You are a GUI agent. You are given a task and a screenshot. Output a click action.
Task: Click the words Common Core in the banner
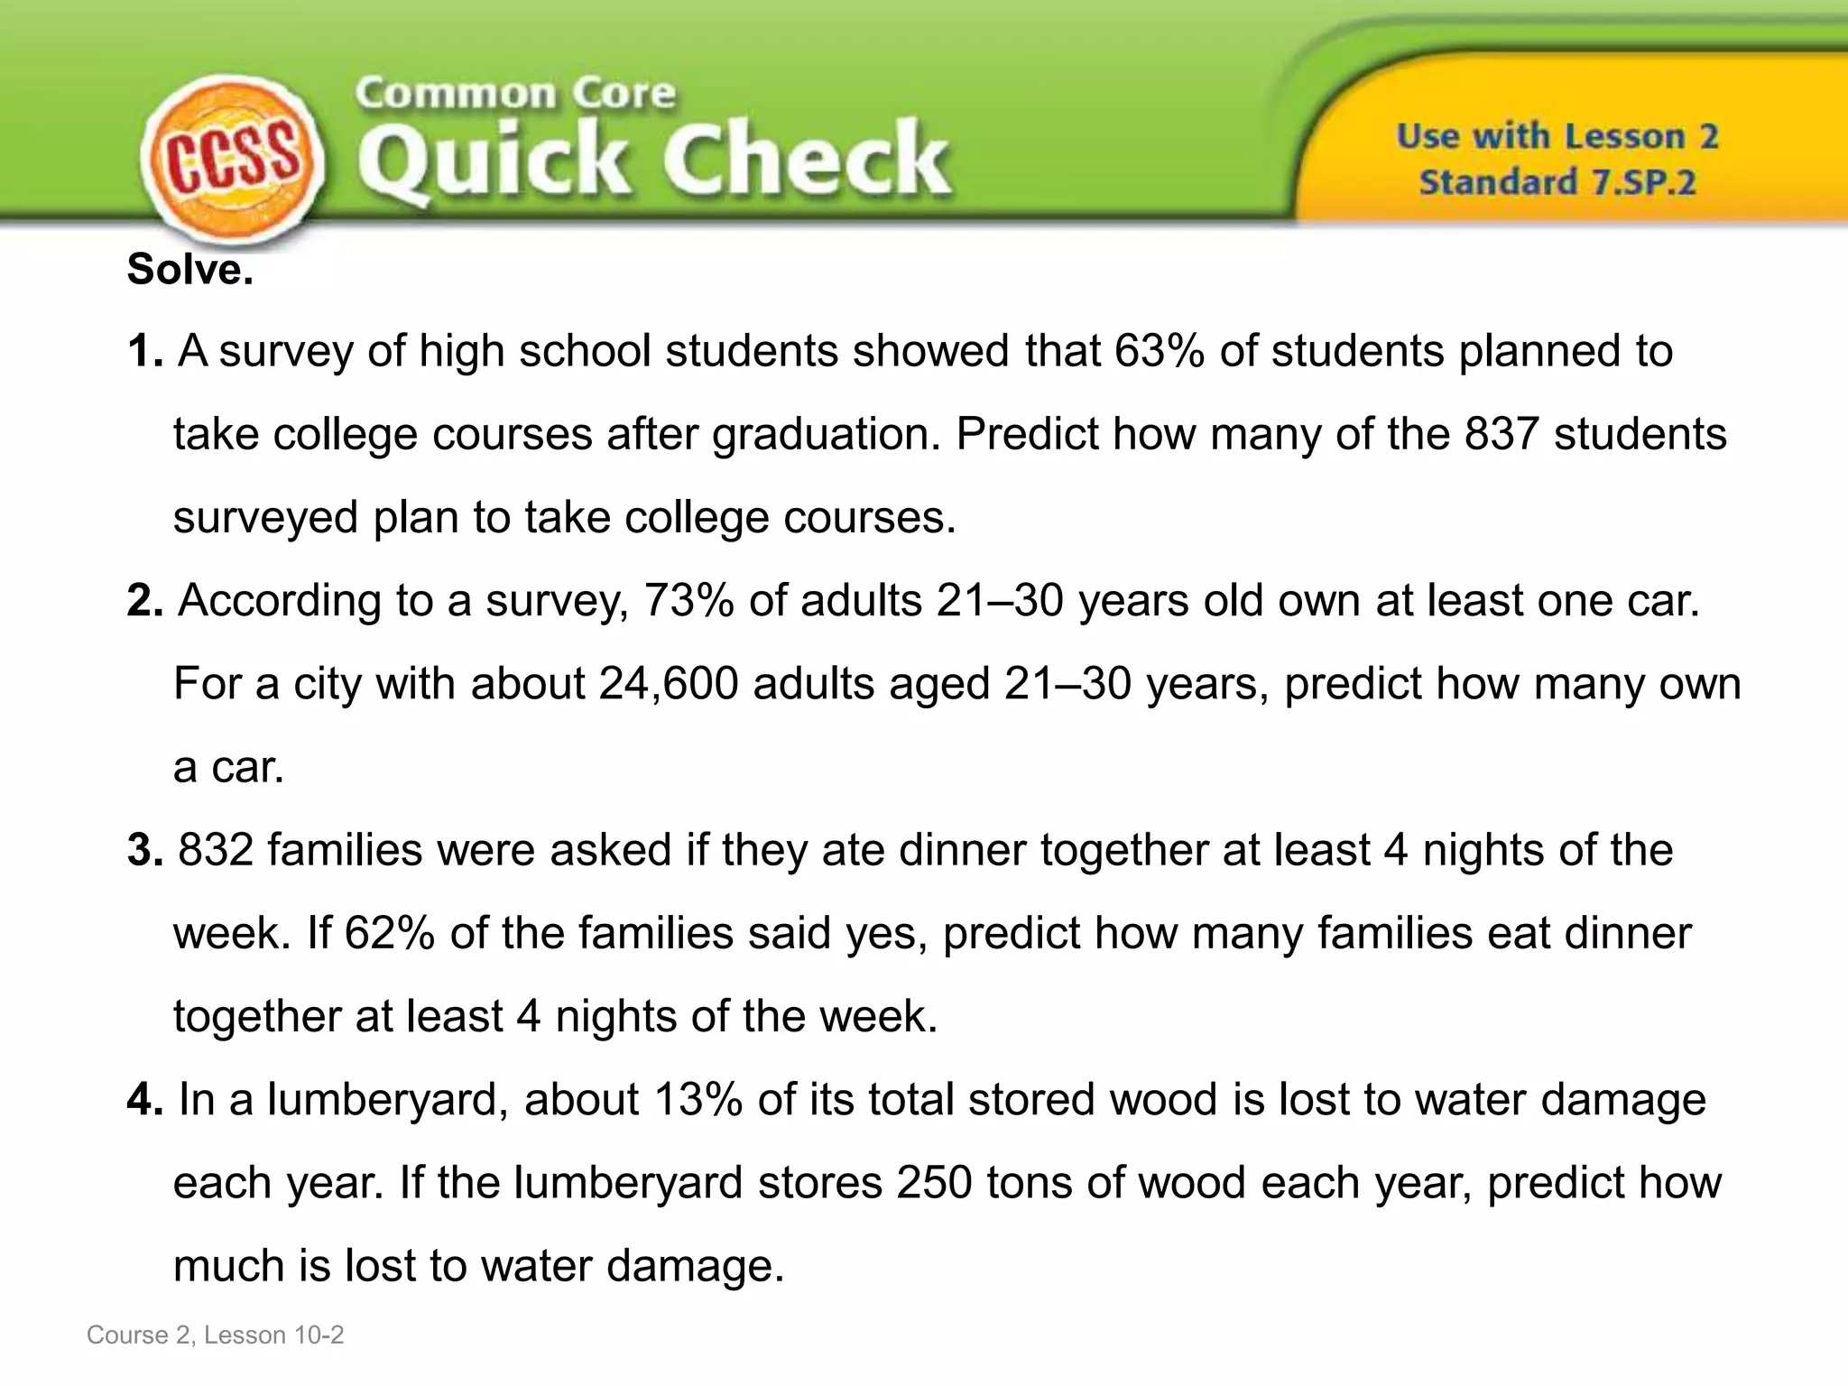click(515, 94)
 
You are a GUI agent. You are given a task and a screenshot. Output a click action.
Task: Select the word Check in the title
click(806, 161)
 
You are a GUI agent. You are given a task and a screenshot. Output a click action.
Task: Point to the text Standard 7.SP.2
click(1557, 182)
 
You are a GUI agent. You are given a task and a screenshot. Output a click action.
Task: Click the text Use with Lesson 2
click(1557, 136)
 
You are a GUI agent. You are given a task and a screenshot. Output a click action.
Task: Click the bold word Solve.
click(190, 269)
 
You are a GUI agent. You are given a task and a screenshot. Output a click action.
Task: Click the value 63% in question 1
click(1160, 351)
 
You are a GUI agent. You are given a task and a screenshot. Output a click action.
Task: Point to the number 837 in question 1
click(1501, 434)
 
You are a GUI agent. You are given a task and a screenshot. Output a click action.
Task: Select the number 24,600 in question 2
click(668, 684)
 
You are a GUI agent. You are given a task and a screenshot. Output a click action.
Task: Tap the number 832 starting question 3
click(216, 851)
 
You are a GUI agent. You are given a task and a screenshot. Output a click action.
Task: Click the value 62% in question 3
click(390, 934)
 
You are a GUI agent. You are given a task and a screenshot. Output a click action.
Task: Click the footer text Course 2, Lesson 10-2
click(216, 1335)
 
